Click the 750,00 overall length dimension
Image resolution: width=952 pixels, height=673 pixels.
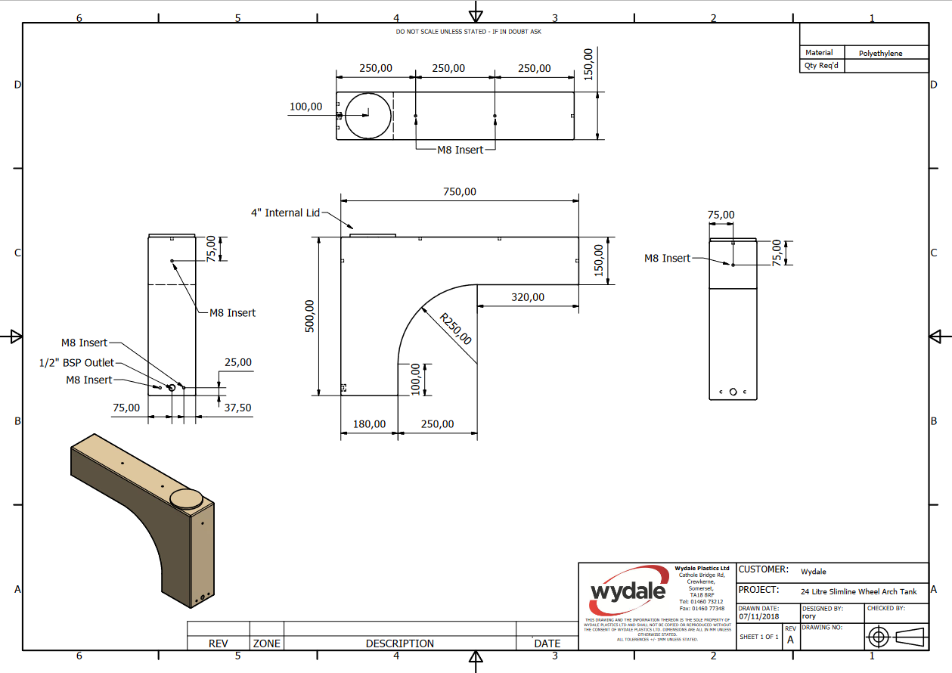460,192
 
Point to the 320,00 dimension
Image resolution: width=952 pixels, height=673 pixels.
527,297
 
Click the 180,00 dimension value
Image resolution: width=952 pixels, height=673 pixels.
369,424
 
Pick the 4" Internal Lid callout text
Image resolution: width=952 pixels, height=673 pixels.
286,213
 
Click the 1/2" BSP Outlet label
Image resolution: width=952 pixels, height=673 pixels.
76,363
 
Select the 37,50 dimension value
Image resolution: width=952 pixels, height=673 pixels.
237,408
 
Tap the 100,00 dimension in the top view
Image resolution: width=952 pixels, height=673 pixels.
306,107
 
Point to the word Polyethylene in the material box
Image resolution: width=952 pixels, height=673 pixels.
881,54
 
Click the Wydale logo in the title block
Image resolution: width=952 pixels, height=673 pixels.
628,591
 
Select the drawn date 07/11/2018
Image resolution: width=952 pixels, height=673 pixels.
758,616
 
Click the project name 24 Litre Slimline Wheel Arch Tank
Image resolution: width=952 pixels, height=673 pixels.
858,592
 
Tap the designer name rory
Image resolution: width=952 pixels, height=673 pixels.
809,616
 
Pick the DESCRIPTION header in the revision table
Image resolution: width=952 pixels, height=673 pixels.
400,644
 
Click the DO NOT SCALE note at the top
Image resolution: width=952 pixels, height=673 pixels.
468,32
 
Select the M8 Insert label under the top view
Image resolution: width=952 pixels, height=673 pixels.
460,150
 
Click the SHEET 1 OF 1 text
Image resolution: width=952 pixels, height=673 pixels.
758,637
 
